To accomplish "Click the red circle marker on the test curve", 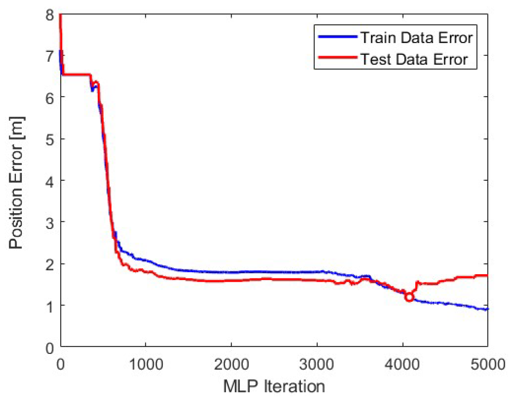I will coord(409,297).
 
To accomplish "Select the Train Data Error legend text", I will coord(417,38).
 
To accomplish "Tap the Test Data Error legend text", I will coord(414,60).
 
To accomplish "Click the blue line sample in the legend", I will coord(338,37).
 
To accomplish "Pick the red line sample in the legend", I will coord(338,57).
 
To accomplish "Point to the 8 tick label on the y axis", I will coord(50,15).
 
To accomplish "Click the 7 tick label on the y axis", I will coord(50,56).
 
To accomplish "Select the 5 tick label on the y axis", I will coord(50,139).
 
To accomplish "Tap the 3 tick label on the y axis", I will coord(50,223).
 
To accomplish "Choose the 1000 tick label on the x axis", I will coord(146,365).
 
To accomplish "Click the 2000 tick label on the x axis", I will coord(231,365).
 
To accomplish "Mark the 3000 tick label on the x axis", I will coord(317,365).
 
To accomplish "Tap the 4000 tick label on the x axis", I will coord(402,365).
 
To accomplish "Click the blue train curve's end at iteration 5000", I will coord(487,309).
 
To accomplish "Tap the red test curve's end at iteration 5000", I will coord(487,276).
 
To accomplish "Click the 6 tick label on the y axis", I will coord(50,98).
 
